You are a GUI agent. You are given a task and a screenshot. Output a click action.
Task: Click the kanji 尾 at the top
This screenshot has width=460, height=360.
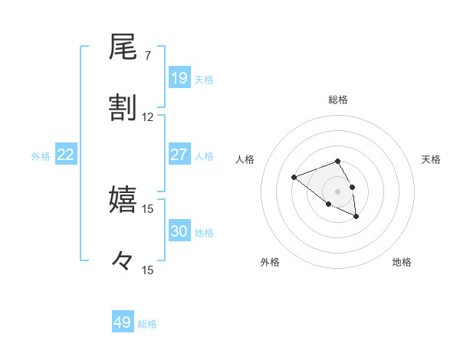(123, 48)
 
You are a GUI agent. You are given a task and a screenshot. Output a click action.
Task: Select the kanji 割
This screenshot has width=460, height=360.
(123, 108)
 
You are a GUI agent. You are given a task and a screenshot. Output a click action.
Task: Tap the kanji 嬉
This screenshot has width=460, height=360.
(123, 199)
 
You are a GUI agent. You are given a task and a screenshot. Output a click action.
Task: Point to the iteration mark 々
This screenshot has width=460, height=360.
(123, 260)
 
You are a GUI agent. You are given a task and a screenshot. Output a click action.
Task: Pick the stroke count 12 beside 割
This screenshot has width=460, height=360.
(148, 117)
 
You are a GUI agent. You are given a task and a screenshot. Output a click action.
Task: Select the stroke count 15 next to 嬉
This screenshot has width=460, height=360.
(148, 208)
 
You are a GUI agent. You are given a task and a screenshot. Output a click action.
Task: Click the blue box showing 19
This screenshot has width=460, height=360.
(179, 78)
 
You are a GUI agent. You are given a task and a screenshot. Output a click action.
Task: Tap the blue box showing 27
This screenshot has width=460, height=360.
(179, 155)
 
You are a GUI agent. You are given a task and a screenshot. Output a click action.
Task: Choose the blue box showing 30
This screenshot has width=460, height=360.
(179, 231)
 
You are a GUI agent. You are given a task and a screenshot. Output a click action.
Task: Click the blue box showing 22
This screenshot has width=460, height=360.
(66, 155)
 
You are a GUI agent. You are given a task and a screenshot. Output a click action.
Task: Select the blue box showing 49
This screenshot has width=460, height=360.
(123, 322)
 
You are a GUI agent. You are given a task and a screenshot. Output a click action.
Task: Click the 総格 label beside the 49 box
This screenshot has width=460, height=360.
(147, 324)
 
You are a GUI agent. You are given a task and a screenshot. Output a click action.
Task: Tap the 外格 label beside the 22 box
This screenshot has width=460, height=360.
(41, 156)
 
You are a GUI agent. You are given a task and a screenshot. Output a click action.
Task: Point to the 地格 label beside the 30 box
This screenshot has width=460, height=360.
(204, 233)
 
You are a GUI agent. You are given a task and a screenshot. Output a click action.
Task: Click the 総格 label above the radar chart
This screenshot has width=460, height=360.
(337, 100)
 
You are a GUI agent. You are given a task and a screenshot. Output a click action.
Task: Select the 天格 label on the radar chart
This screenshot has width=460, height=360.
(432, 159)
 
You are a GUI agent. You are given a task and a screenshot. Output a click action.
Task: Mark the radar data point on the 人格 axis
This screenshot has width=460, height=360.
(294, 178)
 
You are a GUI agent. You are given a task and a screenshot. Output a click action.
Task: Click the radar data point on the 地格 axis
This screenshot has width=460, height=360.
(356, 218)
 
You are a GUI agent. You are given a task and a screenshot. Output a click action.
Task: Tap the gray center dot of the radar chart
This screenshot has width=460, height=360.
(337, 191)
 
